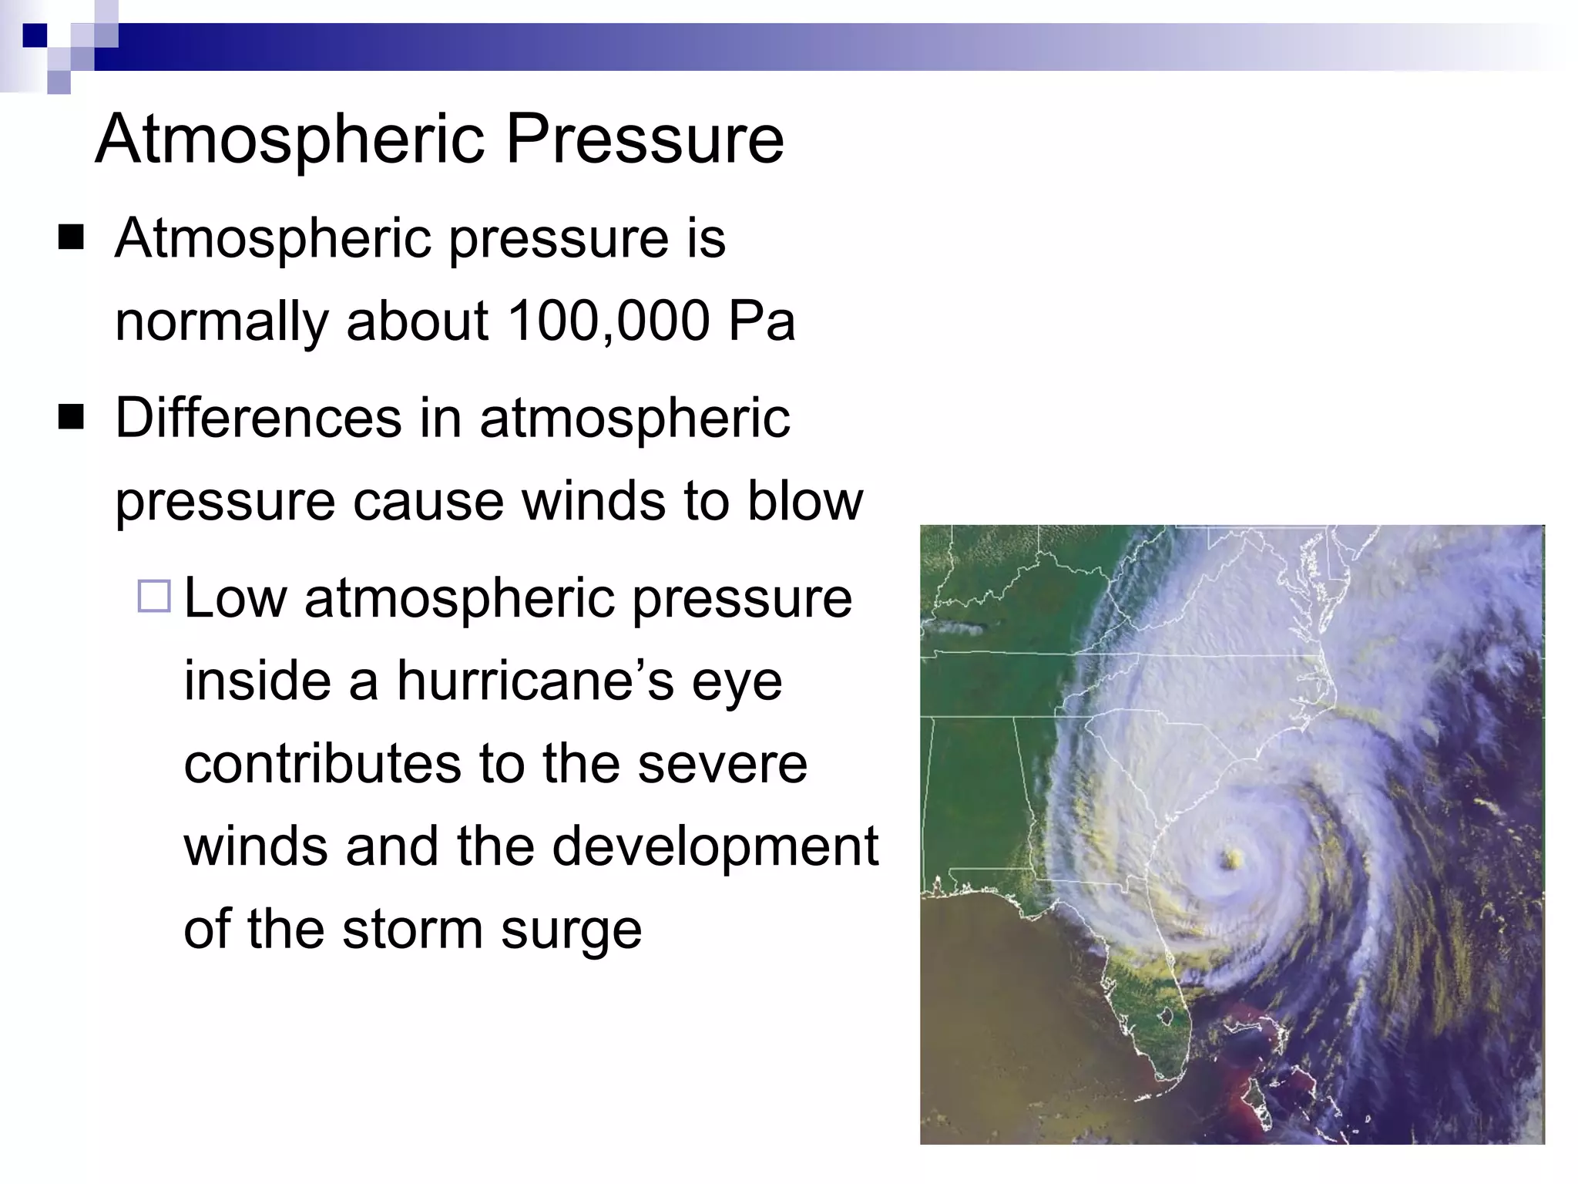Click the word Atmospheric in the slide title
tap(289, 140)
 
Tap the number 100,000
tap(608, 321)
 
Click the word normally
tap(221, 322)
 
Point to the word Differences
tap(258, 418)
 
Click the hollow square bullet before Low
tap(154, 596)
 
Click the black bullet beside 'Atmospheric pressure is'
tap(71, 238)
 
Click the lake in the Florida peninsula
tap(1165, 1017)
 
